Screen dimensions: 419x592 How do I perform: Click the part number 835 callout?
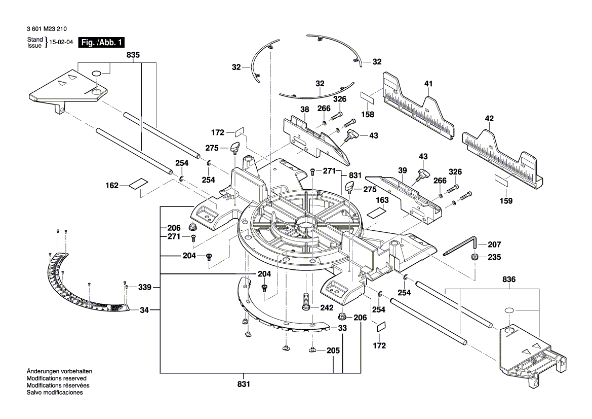(x=133, y=54)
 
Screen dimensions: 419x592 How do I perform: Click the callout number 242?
(x=326, y=307)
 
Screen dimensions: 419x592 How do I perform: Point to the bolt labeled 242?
(x=305, y=302)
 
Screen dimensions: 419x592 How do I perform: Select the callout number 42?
(x=489, y=119)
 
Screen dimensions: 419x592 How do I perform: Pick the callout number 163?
(x=382, y=200)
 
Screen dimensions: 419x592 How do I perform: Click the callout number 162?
(x=112, y=186)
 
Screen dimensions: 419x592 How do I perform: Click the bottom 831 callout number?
(x=244, y=385)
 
